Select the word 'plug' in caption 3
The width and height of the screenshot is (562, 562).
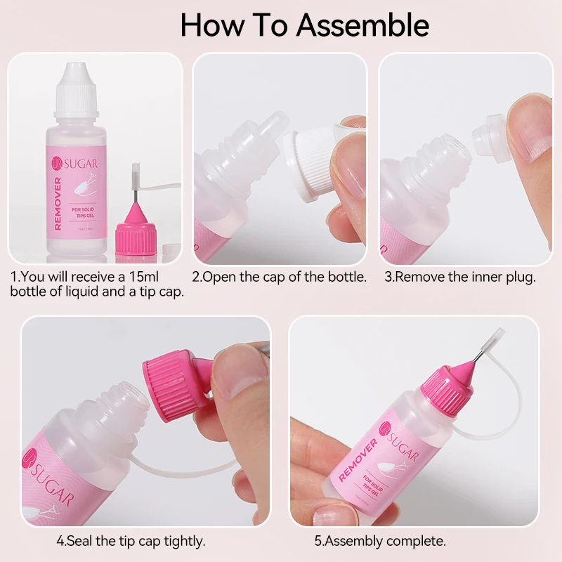520,277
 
